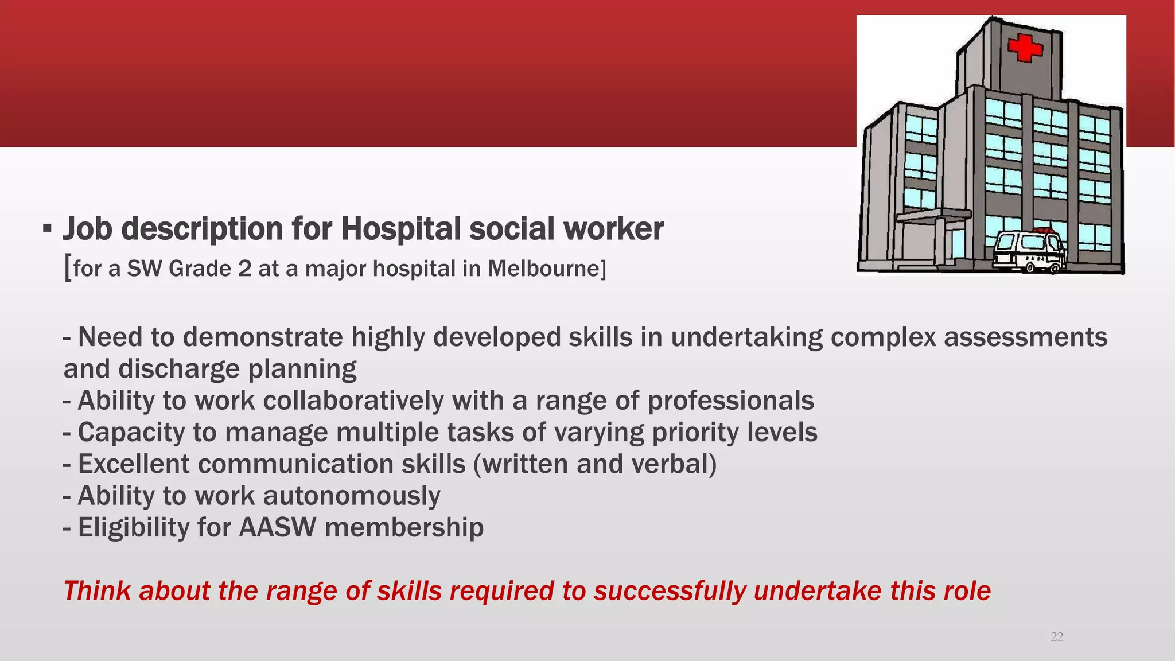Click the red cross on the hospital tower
1025,48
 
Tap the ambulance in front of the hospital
1029,251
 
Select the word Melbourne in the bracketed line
544,269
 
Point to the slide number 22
1056,637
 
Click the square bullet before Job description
48,230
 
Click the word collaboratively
353,401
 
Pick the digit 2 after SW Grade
244,269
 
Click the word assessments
1025,337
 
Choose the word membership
404,527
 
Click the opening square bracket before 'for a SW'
68,269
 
